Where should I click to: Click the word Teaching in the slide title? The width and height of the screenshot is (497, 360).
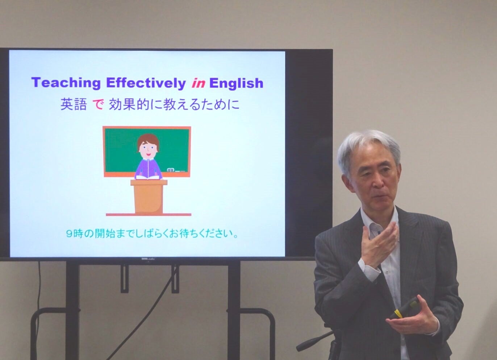tap(66, 83)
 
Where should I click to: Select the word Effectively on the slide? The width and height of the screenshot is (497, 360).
tap(146, 83)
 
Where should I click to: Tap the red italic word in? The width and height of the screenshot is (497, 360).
tap(198, 83)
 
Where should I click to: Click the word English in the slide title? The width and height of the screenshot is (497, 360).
tap(236, 83)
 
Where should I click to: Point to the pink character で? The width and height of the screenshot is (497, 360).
tap(98, 105)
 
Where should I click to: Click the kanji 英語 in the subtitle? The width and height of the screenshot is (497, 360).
tap(74, 105)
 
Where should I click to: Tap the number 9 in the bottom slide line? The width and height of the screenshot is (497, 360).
tap(69, 234)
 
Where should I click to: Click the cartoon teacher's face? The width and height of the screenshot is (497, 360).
tap(148, 150)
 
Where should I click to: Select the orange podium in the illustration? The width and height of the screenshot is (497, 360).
tap(149, 196)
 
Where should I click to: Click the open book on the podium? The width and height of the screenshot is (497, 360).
tap(149, 177)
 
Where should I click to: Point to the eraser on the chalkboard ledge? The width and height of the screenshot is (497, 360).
tap(170, 170)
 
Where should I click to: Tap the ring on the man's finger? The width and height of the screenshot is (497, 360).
tap(405, 330)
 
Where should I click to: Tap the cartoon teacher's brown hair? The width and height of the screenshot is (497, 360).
tap(148, 140)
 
